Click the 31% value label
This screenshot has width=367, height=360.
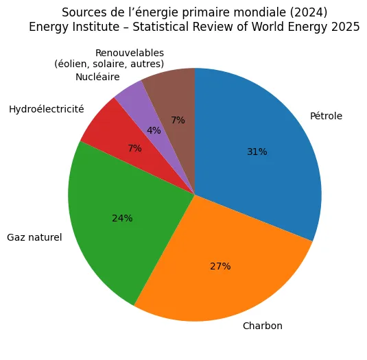click(x=257, y=152)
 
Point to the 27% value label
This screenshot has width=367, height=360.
click(x=220, y=266)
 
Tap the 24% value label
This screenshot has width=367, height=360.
click(x=122, y=218)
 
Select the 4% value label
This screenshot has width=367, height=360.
click(x=154, y=130)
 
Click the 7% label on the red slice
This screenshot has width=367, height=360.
click(x=134, y=148)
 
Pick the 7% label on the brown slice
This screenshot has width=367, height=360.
click(x=178, y=120)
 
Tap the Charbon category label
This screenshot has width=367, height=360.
click(x=263, y=325)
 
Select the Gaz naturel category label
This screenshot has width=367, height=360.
click(x=34, y=238)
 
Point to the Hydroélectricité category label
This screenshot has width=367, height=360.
click(x=47, y=109)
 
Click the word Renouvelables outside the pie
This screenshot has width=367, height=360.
click(x=130, y=53)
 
